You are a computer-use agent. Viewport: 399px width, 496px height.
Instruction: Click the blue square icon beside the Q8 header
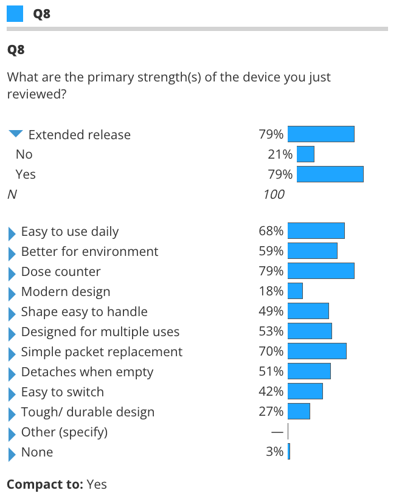pyautogui.click(x=15, y=14)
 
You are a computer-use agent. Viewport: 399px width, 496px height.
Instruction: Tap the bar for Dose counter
pyautogui.click(x=321, y=271)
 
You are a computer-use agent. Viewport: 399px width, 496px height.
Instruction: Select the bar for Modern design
pyautogui.click(x=295, y=291)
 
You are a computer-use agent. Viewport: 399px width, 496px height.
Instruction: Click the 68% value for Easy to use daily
pyautogui.click(x=271, y=231)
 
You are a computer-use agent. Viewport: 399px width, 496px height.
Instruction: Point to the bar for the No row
pyautogui.click(x=305, y=154)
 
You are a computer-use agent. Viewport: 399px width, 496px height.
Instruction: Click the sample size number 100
pyautogui.click(x=274, y=195)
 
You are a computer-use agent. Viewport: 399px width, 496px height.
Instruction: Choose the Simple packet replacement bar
pyautogui.click(x=317, y=351)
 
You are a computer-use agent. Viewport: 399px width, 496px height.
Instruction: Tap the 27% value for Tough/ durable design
pyautogui.click(x=271, y=412)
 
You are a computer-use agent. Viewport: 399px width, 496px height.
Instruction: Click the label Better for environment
pyautogui.click(x=89, y=251)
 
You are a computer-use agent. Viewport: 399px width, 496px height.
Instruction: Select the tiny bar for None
pyautogui.click(x=289, y=452)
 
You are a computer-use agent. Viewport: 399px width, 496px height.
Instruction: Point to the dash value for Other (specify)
pyautogui.click(x=277, y=432)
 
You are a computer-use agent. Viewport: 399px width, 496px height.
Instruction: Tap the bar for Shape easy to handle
pyautogui.click(x=308, y=311)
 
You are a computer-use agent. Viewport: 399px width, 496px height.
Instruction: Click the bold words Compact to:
pyautogui.click(x=44, y=484)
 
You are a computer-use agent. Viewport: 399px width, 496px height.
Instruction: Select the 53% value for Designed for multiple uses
pyautogui.click(x=271, y=331)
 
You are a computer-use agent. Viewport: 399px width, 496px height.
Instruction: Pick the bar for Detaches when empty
pyautogui.click(x=309, y=371)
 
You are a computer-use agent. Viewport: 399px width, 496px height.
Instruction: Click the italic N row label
pyautogui.click(x=11, y=195)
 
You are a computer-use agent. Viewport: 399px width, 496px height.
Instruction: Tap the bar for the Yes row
pyautogui.click(x=330, y=174)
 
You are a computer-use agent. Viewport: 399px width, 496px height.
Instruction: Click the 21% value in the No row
pyautogui.click(x=280, y=154)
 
